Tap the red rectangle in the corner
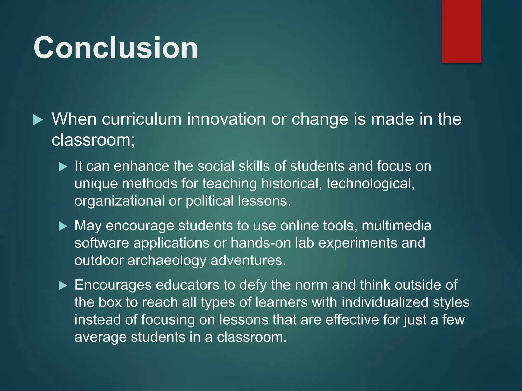pos(461,31)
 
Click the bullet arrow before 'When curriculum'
pos(38,120)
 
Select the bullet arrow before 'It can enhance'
pos(63,167)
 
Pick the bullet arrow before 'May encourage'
pos(63,226)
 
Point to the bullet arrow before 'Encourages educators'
pos(63,286)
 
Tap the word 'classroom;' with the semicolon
pos(93,140)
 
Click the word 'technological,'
pos(370,184)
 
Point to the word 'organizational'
pos(119,201)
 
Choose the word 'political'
pos(210,201)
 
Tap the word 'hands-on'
pos(261,243)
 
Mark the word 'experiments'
pos(358,243)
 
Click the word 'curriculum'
pos(142,119)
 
